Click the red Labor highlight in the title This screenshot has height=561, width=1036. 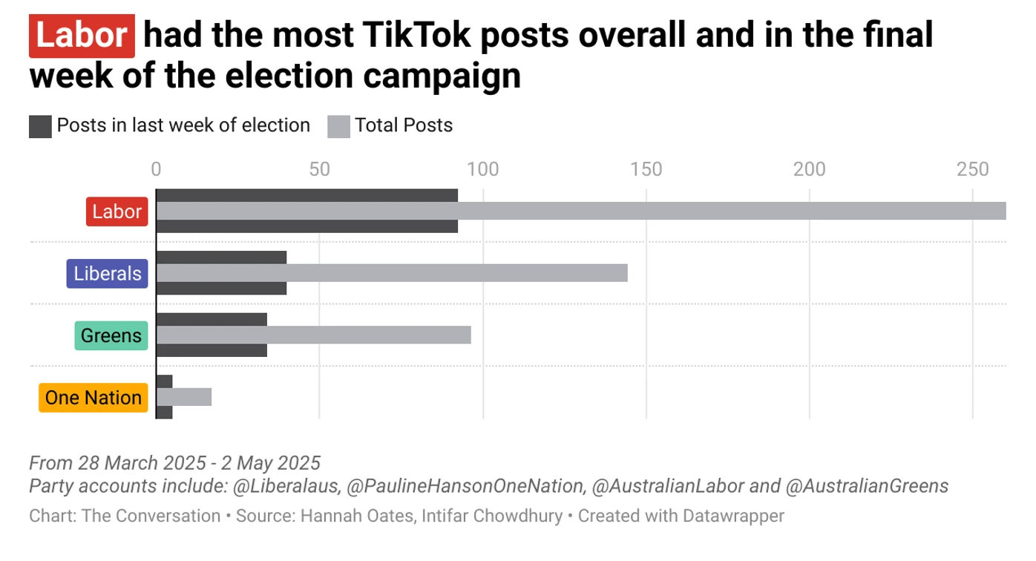[82, 36]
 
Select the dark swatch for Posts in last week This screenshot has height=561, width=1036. [41, 126]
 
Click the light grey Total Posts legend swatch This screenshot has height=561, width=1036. [338, 126]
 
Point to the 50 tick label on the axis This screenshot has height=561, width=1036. [319, 169]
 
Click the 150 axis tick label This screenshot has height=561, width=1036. [646, 169]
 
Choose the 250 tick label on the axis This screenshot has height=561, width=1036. [973, 169]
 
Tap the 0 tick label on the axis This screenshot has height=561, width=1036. [156, 169]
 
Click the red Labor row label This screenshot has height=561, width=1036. [117, 211]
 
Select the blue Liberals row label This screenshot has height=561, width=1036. [108, 273]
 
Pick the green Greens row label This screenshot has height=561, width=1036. [111, 335]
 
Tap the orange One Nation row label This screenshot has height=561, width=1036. [94, 398]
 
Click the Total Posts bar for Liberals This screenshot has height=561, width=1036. [392, 273]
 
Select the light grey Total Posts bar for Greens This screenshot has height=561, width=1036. [313, 335]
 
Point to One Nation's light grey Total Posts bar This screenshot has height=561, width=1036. [184, 397]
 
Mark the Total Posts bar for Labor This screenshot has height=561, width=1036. [581, 211]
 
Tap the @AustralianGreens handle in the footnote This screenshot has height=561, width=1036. [866, 487]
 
